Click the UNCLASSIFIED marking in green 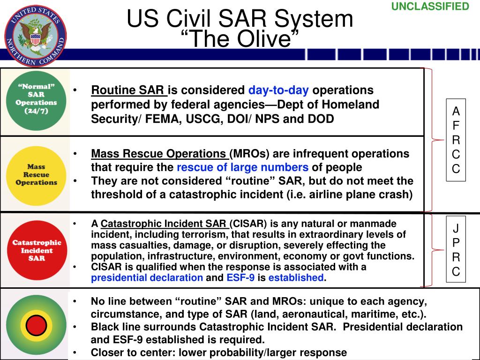pyautogui.click(x=430, y=7)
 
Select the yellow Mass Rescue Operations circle pyautogui.click(x=36, y=174)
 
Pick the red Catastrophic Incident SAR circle pyautogui.click(x=36, y=250)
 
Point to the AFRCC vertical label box pyautogui.click(x=456, y=140)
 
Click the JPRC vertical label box pyautogui.click(x=456, y=250)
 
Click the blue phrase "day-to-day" pyautogui.click(x=278, y=90)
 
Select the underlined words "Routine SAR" pyautogui.click(x=128, y=90)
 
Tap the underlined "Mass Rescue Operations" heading pyautogui.click(x=158, y=154)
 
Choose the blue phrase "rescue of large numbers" pyautogui.click(x=242, y=167)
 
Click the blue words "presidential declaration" pyautogui.click(x=147, y=277)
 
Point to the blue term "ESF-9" pyautogui.click(x=240, y=277)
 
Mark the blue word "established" pyautogui.click(x=296, y=277)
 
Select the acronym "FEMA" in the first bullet pyautogui.click(x=158, y=119)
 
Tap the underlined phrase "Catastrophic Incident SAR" pyautogui.click(x=164, y=224)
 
